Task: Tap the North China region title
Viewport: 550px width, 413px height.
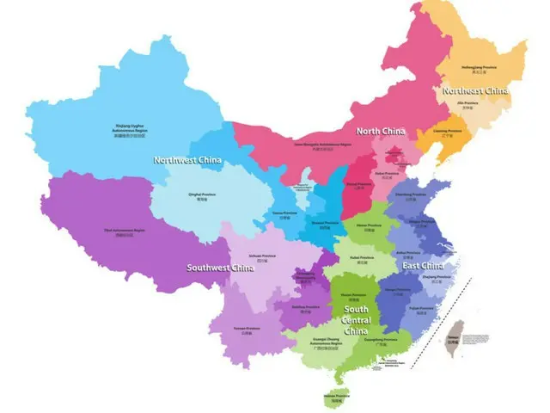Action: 380,131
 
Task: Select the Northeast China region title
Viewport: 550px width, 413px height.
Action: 474,90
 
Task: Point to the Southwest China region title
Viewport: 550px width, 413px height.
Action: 221,268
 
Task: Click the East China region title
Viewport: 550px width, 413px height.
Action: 424,266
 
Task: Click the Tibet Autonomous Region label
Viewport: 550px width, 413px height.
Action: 125,232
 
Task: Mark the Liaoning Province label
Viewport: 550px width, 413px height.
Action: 447,133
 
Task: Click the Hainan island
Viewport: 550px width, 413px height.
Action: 335,398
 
